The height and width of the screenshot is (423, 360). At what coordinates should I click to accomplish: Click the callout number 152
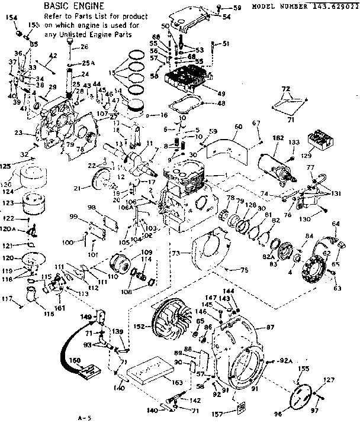[x=140, y=327]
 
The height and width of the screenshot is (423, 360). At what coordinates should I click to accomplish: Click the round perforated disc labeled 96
[x=303, y=394]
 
